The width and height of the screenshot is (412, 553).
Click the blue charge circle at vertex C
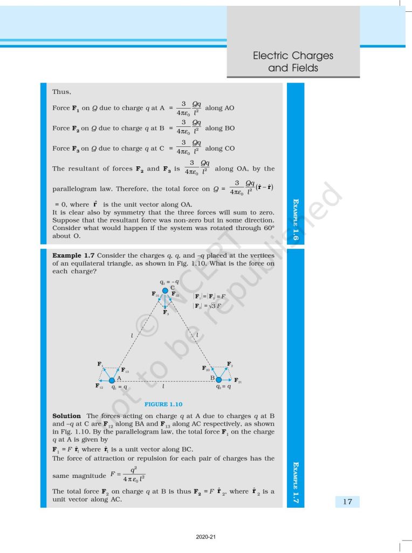pyautogui.click(x=166, y=291)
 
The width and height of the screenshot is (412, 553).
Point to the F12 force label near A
pyautogui.click(x=99, y=386)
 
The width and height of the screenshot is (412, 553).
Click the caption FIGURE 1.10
pyautogui.click(x=163, y=404)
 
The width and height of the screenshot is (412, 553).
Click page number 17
pyautogui.click(x=347, y=502)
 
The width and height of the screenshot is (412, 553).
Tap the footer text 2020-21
pyautogui.click(x=205, y=537)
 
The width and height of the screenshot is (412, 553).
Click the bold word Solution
pyautogui.click(x=66, y=416)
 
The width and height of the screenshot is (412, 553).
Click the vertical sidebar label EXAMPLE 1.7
pyautogui.click(x=296, y=481)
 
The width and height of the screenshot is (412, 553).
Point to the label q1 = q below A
pyautogui.click(x=119, y=387)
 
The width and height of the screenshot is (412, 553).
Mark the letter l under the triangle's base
pyautogui.click(x=163, y=387)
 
